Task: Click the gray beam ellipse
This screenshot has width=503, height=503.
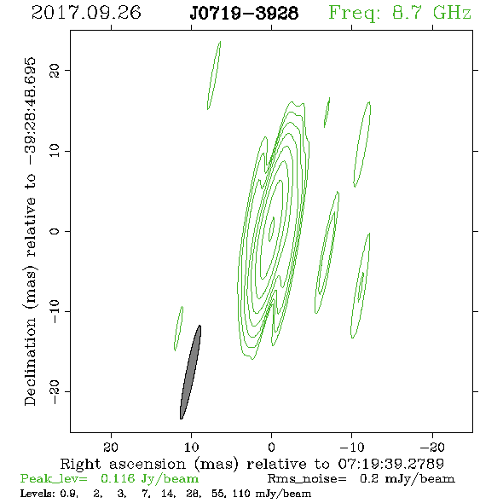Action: pyautogui.click(x=191, y=372)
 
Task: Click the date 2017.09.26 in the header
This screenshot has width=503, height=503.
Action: pyautogui.click(x=86, y=13)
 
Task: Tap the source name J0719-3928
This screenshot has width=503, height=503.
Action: pyautogui.click(x=244, y=13)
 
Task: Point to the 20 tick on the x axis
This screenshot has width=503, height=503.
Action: pyautogui.click(x=111, y=447)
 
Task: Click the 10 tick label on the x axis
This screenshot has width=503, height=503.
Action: pyautogui.click(x=191, y=447)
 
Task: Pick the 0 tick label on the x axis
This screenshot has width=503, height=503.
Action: pyautogui.click(x=271, y=447)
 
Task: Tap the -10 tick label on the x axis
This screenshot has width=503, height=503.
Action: pyautogui.click(x=352, y=447)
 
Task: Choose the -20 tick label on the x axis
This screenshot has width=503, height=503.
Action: pyautogui.click(x=432, y=447)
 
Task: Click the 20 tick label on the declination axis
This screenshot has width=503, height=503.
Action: pyautogui.click(x=55, y=71)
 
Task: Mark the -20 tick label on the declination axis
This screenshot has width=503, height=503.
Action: pyautogui.click(x=55, y=392)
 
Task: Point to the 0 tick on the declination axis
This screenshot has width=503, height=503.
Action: pyautogui.click(x=55, y=231)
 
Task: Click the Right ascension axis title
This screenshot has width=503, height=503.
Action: pyautogui.click(x=251, y=464)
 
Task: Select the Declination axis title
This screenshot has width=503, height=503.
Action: pyautogui.click(x=30, y=232)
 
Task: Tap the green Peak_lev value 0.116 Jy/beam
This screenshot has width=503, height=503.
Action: pyautogui.click(x=149, y=479)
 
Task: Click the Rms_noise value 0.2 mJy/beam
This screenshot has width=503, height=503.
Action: pyautogui.click(x=407, y=479)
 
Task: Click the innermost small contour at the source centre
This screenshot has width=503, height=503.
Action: pyautogui.click(x=272, y=229)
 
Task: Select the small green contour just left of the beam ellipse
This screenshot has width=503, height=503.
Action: pyautogui.click(x=178, y=328)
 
